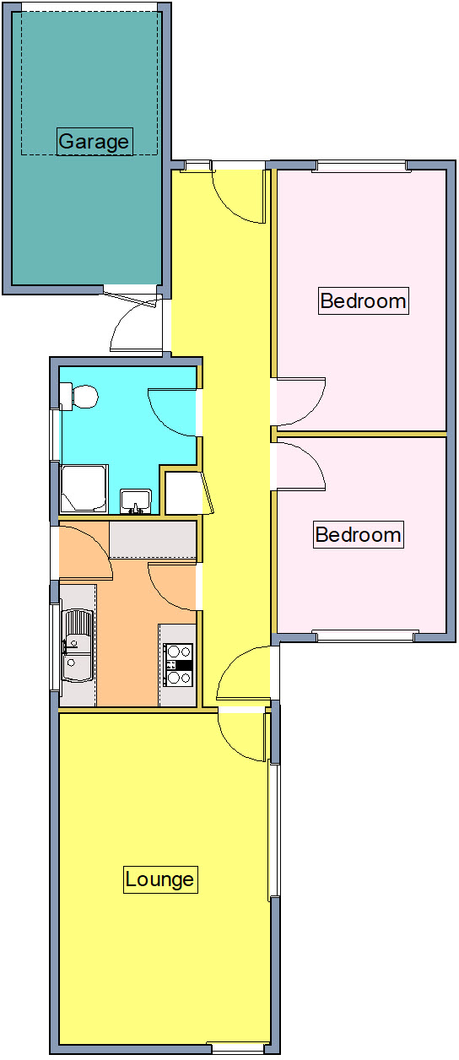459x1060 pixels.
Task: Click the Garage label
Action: pyautogui.click(x=94, y=141)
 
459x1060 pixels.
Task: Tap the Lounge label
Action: pyautogui.click(x=159, y=879)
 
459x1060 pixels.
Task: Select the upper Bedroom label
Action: pyautogui.click(x=363, y=300)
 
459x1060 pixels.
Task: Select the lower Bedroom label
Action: pyautogui.click(x=358, y=534)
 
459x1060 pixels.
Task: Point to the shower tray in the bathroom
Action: pyautogui.click(x=84, y=489)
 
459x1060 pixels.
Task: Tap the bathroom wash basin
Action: pyautogui.click(x=135, y=500)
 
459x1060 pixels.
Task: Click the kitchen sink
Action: pyautogui.click(x=77, y=646)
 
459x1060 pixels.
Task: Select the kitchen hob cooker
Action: pyautogui.click(x=179, y=664)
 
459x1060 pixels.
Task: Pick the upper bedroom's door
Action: pyautogui.click(x=300, y=400)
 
